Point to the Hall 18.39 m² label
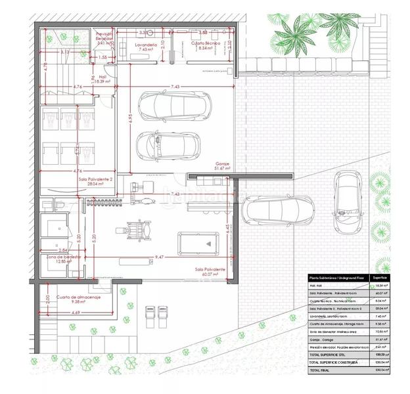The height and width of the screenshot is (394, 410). [x=102, y=78]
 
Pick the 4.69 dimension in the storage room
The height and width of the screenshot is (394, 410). [x=76, y=313]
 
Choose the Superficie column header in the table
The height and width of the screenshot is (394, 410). [x=380, y=278]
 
